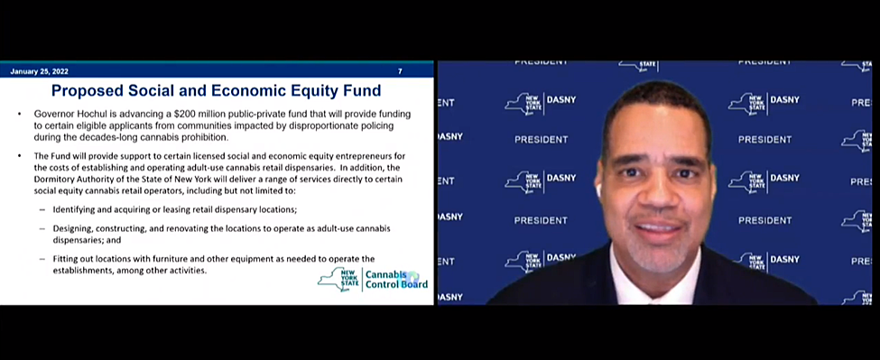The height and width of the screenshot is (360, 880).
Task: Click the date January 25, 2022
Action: [x=40, y=71]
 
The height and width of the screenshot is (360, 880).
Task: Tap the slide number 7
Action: [x=400, y=71]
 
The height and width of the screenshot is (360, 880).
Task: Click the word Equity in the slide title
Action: [x=294, y=90]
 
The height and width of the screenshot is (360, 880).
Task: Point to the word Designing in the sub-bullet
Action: [x=73, y=229]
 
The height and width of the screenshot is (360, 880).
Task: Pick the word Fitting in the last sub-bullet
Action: [x=66, y=259]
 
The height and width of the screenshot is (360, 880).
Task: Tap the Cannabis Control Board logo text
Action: [x=396, y=280]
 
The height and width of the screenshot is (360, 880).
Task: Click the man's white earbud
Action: [x=598, y=191]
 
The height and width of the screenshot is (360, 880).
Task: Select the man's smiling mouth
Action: [x=660, y=228]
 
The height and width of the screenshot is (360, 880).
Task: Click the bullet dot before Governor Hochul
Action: [x=20, y=114]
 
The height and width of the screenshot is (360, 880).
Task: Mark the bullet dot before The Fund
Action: [x=20, y=155]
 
